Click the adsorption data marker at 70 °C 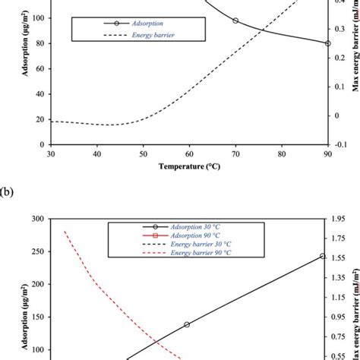[235, 21]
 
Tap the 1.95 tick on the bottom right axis [343, 219]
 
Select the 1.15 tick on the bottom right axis [343, 297]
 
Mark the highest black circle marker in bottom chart [323, 256]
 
